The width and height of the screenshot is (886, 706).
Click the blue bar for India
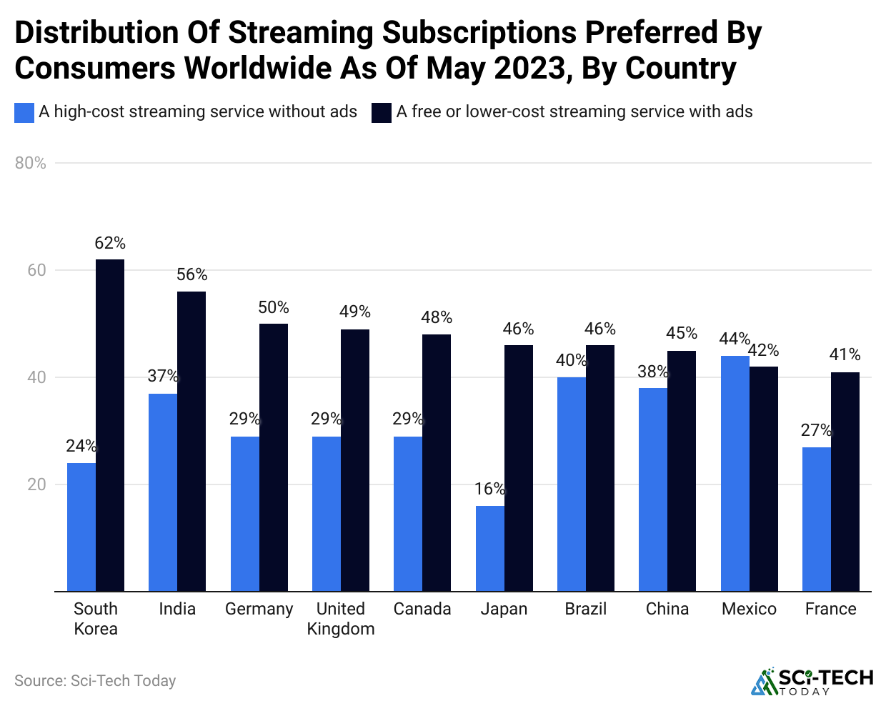point(163,492)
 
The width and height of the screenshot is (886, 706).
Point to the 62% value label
point(110,244)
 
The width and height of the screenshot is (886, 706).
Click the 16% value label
point(489,489)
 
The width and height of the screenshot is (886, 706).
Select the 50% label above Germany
point(274,307)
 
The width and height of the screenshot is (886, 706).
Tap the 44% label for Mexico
point(735,339)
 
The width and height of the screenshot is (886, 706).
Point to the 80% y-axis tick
point(31,163)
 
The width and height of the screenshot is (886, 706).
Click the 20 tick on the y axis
point(36,484)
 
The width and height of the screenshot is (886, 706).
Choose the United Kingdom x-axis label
point(341,619)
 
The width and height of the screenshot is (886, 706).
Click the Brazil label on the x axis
point(586,609)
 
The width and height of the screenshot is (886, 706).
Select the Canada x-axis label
point(422,609)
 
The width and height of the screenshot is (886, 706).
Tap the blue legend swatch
point(24,113)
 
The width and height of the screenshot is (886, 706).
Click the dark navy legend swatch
point(382,113)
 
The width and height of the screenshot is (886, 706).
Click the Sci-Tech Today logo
point(812,681)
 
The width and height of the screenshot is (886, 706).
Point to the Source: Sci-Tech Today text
point(95,681)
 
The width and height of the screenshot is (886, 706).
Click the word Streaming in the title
point(302,33)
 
